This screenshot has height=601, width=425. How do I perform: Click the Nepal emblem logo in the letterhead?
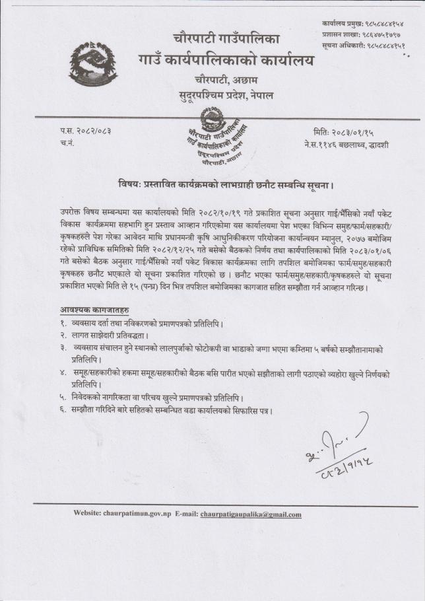click(x=93, y=64)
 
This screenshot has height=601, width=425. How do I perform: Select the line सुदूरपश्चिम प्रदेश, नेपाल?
click(x=226, y=96)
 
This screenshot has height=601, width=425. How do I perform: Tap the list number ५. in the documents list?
click(x=63, y=398)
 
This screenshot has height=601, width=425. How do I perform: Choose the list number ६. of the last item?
click(x=63, y=410)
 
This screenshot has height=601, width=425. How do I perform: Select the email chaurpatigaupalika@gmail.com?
click(x=251, y=514)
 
